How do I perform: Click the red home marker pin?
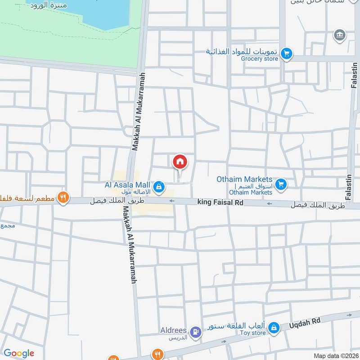180,162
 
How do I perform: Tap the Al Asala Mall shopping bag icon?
158,185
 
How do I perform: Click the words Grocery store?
259,58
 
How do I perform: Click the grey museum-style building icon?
339,35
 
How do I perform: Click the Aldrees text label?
174,330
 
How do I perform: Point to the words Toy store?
252,333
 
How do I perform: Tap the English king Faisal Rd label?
220,203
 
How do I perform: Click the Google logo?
19,353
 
